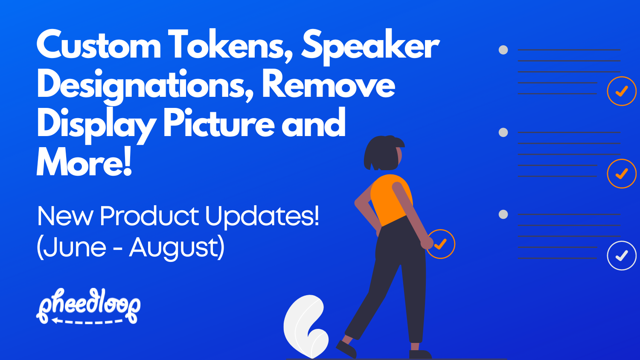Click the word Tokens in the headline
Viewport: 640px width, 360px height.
tap(228, 45)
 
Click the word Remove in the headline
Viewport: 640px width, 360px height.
tap(328, 84)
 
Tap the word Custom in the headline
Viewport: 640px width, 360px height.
tap(99, 45)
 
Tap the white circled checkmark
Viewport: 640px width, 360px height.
tap(622, 255)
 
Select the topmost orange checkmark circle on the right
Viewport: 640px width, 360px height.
tap(622, 91)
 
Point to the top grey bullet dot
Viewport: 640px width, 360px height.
tap(503, 50)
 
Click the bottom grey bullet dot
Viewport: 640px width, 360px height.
tap(503, 214)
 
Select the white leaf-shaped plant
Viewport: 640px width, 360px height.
tap(305, 326)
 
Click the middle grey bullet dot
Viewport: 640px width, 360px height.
tap(503, 132)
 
